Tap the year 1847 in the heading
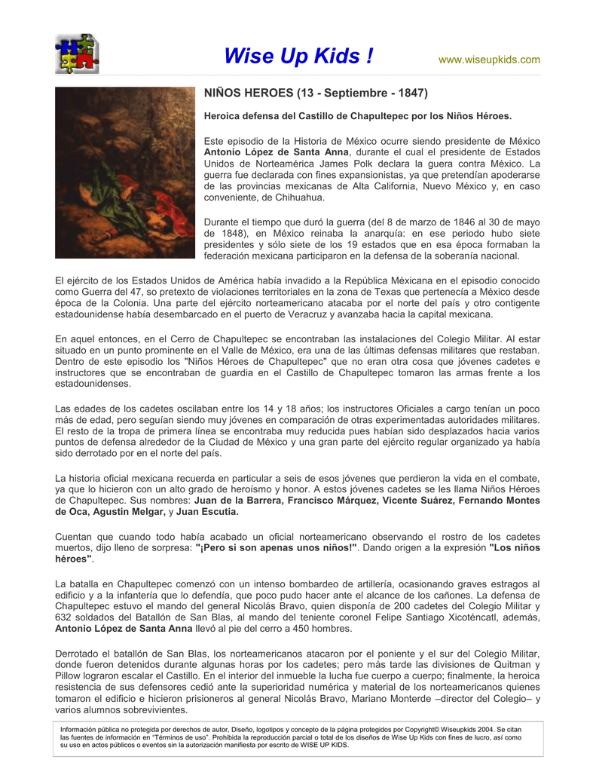tap(411, 93)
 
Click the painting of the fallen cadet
tap(124, 172)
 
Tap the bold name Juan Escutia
tap(208, 512)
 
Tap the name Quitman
tap(508, 665)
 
